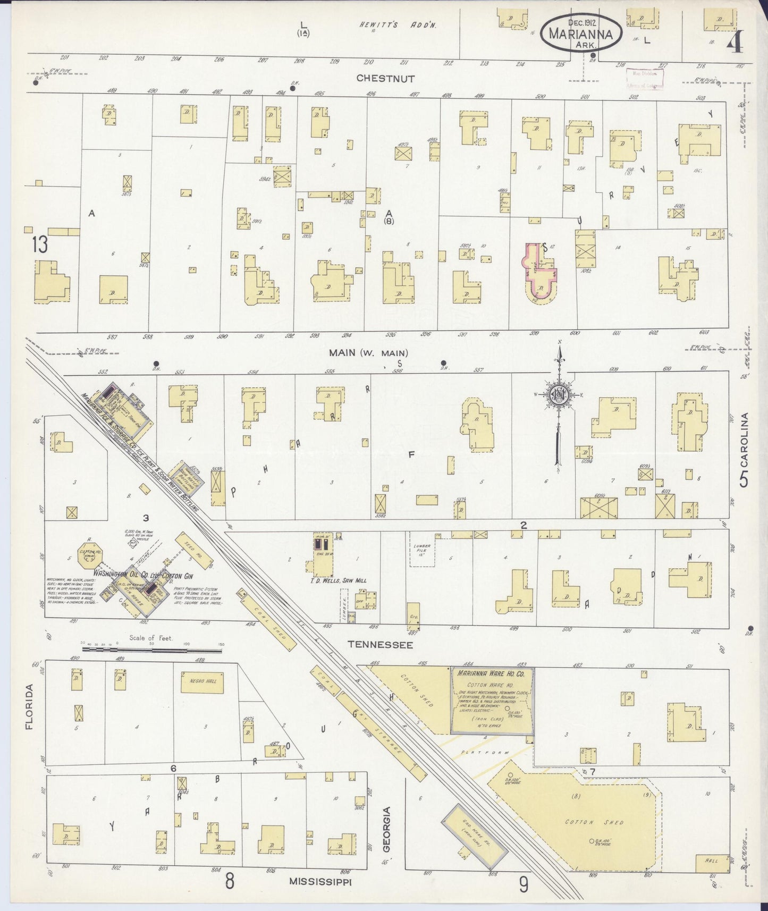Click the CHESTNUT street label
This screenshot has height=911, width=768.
[385, 78]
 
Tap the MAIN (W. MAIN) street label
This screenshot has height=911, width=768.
[368, 352]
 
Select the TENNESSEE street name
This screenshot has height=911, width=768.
[380, 644]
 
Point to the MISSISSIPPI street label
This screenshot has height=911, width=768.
[321, 881]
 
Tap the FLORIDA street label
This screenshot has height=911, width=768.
[29, 706]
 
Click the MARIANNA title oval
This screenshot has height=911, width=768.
[581, 33]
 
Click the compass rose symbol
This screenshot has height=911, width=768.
[559, 394]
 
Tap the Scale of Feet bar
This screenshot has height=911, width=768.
[151, 649]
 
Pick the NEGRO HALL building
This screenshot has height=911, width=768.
[202, 681]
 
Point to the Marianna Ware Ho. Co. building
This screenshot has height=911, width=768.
[492, 701]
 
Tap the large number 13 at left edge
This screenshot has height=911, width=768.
[39, 245]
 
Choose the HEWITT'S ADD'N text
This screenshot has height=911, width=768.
[396, 25]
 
